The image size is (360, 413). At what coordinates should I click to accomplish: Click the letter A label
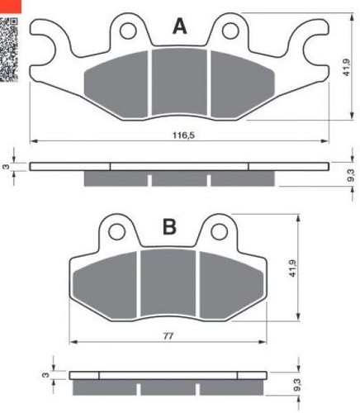tap(180, 26)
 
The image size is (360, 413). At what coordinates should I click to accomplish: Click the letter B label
tap(169, 227)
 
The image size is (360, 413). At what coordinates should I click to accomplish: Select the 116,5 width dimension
tap(183, 135)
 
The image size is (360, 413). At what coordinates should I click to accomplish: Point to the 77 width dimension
tap(168, 336)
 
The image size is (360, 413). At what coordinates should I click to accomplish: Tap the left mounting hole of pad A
tap(128, 31)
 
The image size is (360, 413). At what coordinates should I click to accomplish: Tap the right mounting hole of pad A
tap(230, 31)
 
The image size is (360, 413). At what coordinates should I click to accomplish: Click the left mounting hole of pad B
tap(117, 231)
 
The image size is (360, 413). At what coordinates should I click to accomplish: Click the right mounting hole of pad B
tap(220, 231)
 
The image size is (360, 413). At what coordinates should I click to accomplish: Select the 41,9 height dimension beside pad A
tap(346, 67)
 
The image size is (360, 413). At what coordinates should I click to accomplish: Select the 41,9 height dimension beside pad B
tap(292, 268)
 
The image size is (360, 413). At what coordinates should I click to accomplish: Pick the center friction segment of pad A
tap(179, 82)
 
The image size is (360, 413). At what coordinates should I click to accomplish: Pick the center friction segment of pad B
tap(168, 282)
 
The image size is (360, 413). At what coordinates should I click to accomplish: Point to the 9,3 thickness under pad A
tap(350, 175)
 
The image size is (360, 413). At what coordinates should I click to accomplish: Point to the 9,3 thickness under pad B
tap(297, 385)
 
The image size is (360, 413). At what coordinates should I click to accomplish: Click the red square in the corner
tap(11, 7)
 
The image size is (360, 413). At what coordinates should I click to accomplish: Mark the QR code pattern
tap(9, 49)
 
